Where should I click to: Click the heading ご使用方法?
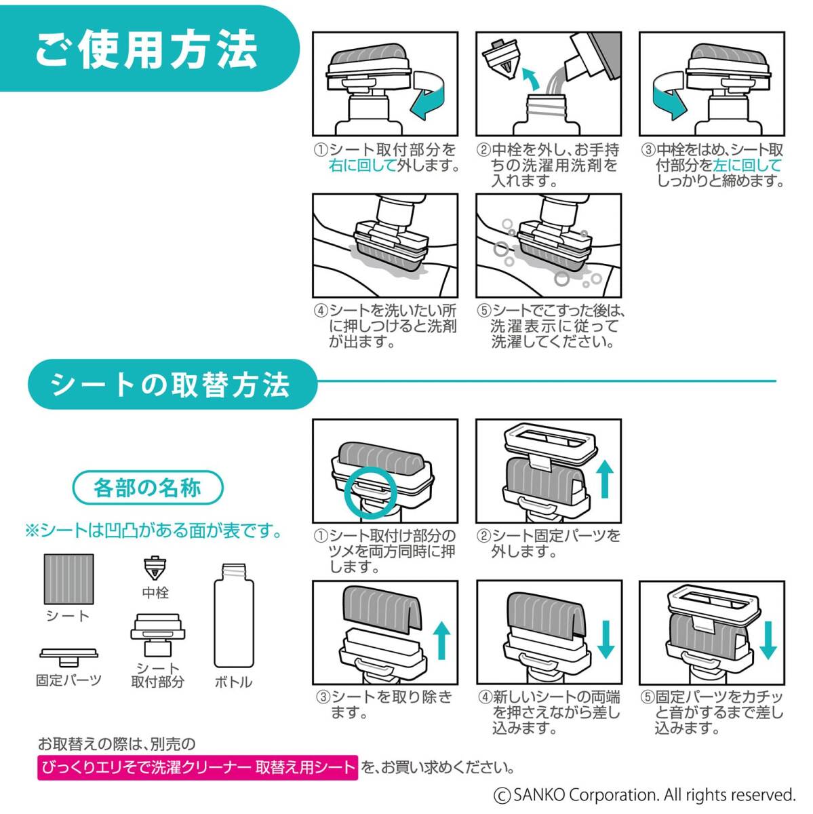(146, 50)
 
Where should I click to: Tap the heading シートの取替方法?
(170, 385)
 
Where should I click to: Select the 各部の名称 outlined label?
(148, 488)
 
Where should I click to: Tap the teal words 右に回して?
(362, 166)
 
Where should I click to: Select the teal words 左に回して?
(747, 166)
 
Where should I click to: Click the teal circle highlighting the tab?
(370, 491)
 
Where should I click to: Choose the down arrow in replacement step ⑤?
(769, 640)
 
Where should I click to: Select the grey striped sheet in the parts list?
(69, 579)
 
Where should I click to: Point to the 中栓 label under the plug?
(155, 593)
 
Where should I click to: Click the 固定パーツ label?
(69, 681)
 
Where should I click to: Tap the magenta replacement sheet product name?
(197, 767)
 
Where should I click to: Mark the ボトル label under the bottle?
(233, 682)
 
